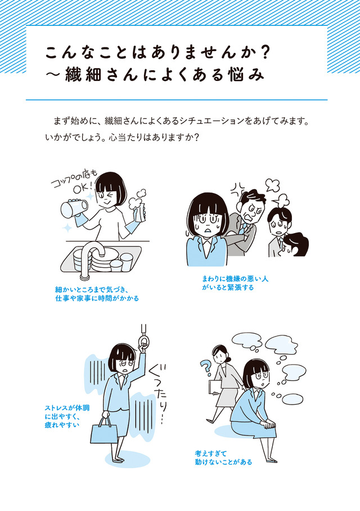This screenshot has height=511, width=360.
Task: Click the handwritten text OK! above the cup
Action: pos(79,189)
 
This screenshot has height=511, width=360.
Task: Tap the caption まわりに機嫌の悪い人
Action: pos(235,279)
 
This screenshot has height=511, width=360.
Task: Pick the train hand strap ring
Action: pos(143,343)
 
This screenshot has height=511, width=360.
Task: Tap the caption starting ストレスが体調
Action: pos(67,416)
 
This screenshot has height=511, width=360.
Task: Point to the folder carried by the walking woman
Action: pos(215,388)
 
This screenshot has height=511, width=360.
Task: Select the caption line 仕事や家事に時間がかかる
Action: pos(97,298)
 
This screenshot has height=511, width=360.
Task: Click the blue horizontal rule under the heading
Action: pos(177,100)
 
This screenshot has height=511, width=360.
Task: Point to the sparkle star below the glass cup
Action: pos(67,227)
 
